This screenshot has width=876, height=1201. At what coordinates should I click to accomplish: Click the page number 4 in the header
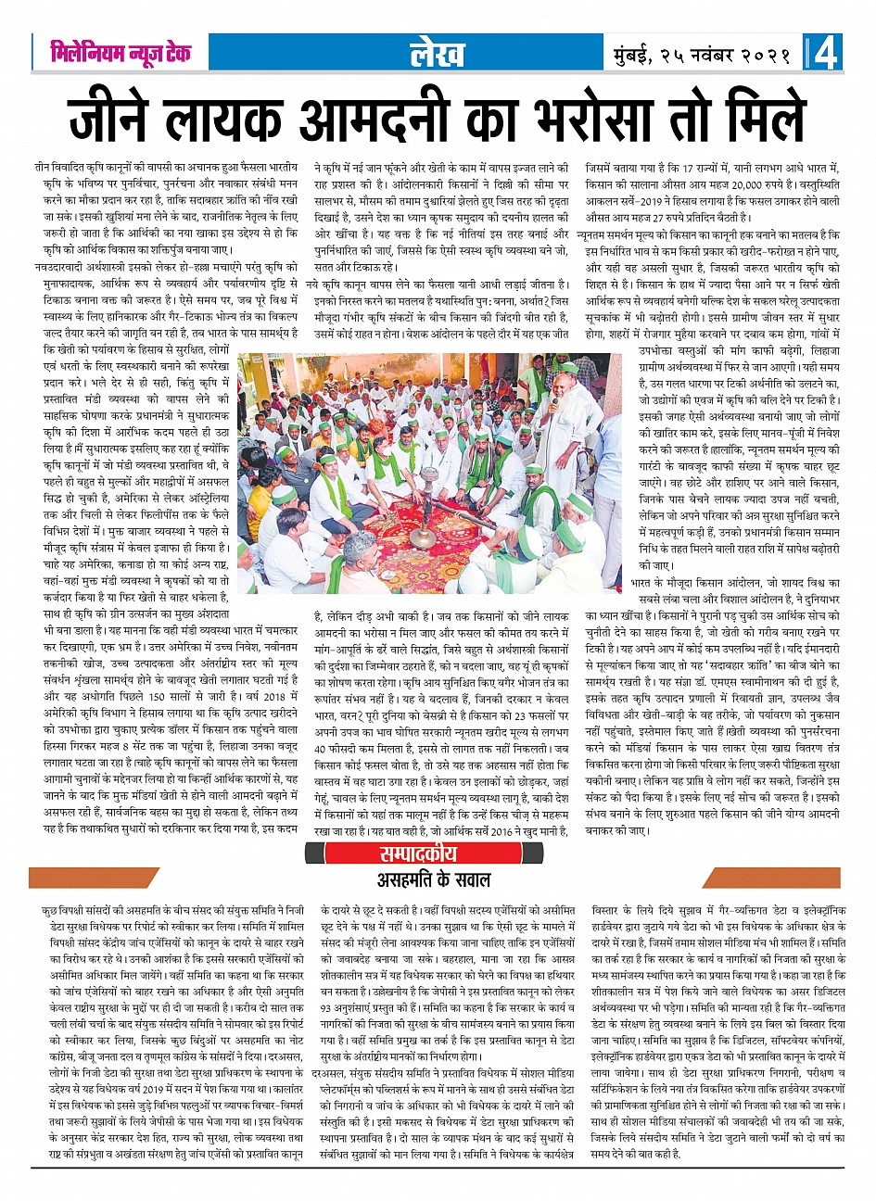point(827,53)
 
